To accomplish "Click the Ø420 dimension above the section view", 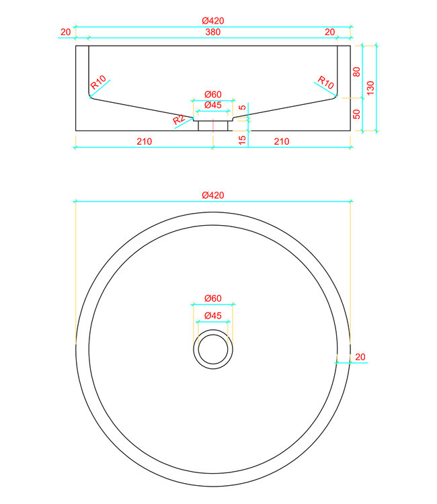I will point(213,21).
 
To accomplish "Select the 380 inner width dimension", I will point(213,32).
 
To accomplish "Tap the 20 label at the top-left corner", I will point(65,32).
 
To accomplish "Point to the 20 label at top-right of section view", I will point(329,32).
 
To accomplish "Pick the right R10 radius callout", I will point(326,83).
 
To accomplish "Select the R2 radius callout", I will point(179,120).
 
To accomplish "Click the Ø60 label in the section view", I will point(213,93).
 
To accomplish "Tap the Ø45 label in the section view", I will point(213,105).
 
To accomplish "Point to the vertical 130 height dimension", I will point(370,87).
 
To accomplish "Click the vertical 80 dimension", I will point(357,71).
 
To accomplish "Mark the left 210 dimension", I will point(144,141).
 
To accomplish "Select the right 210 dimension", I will point(282,141).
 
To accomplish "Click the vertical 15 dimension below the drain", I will point(243,139).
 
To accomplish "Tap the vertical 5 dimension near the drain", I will point(243,108).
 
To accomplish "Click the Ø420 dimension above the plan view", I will point(213,195).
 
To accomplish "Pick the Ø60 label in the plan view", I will point(213,298).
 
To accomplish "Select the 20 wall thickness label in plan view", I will point(360,356).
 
